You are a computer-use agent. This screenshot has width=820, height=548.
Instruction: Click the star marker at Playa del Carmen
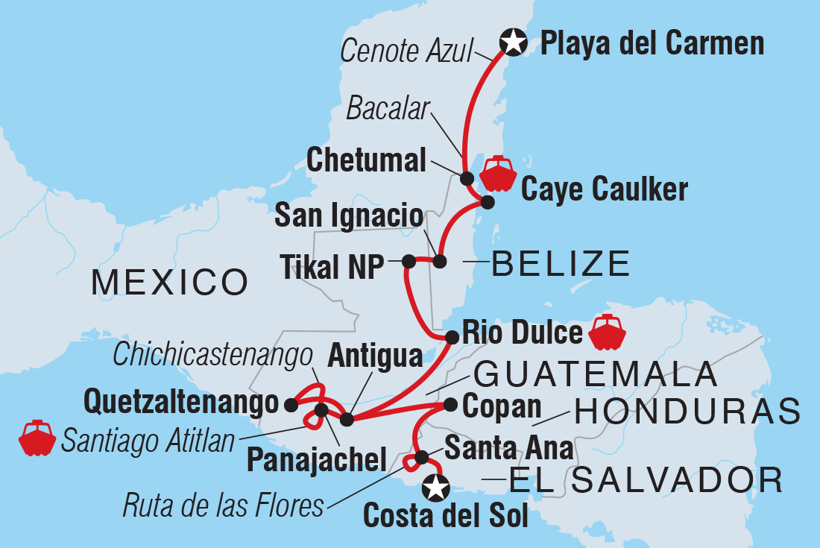(514, 42)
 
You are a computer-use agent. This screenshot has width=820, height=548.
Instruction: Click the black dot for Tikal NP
(409, 261)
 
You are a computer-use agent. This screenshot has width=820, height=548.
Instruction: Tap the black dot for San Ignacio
(439, 261)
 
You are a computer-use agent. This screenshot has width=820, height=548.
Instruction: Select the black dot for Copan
(450, 405)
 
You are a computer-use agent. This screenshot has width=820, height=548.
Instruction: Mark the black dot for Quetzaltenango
(291, 405)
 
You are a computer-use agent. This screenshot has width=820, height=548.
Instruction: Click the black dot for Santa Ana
(421, 456)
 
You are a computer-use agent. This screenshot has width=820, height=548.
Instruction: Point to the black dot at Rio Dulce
(451, 337)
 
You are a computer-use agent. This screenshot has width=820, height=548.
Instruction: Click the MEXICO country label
(169, 283)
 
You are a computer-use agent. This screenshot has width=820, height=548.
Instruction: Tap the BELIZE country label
(561, 264)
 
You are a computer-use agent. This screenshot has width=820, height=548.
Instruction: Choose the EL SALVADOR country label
(646, 480)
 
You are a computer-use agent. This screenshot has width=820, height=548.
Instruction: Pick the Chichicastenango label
(212, 355)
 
